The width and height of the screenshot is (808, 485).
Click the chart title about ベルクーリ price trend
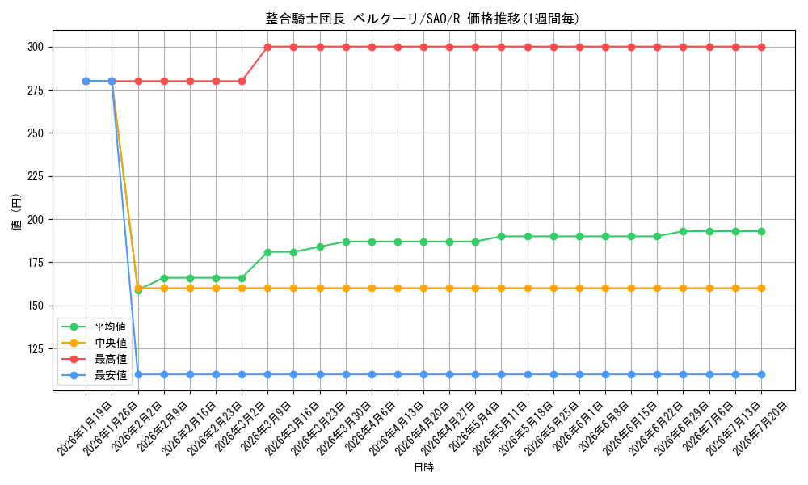click(423, 19)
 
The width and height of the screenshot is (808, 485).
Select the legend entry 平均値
click(110, 327)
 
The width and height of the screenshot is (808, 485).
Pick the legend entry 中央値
click(110, 343)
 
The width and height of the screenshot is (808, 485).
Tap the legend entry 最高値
click(110, 359)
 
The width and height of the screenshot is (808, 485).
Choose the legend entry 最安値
click(110, 375)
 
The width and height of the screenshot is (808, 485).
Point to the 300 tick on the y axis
click(36, 47)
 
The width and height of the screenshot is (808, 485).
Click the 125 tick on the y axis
click(36, 349)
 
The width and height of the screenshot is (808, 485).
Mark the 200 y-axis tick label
click(36, 220)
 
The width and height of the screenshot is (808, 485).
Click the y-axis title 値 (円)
click(16, 211)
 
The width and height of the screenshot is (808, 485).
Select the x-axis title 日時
click(423, 467)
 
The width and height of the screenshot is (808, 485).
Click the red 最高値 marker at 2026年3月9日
click(268, 47)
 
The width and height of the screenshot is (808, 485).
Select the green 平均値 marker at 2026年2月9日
click(164, 278)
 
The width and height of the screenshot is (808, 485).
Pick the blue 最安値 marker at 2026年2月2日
click(138, 375)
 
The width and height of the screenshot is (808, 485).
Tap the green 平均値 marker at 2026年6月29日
click(684, 231)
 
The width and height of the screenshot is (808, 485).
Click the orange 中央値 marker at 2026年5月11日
click(502, 288)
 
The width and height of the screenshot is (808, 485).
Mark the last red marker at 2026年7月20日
click(762, 47)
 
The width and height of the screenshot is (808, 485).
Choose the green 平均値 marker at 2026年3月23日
click(320, 247)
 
